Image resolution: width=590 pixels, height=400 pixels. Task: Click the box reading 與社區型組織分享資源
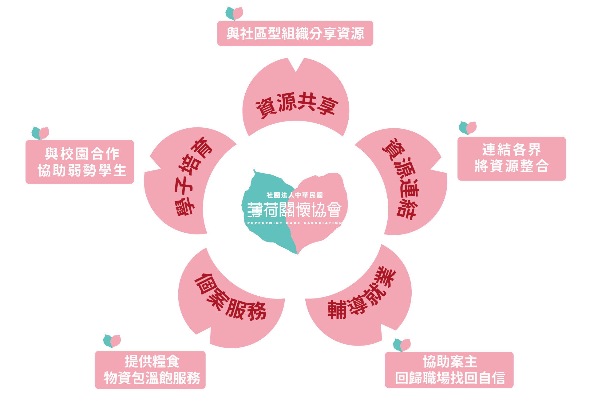pyautogui.click(x=295, y=34)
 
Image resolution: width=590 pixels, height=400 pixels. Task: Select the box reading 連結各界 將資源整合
pyautogui.click(x=512, y=158)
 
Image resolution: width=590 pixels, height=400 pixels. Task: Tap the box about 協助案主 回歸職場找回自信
pyautogui.click(x=449, y=370)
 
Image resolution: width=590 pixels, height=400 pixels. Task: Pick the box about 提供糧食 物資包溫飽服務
pyautogui.click(x=150, y=370)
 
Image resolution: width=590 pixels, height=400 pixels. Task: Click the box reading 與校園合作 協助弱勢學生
pyautogui.click(x=80, y=162)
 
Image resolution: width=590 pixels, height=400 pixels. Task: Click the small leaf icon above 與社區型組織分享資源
pyautogui.click(x=234, y=13)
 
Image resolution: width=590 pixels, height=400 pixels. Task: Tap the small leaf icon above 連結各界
pyautogui.click(x=468, y=128)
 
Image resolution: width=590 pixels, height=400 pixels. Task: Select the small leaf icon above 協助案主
pyautogui.click(x=402, y=345)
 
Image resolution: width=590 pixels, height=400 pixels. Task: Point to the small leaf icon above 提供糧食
pyautogui.click(x=112, y=341)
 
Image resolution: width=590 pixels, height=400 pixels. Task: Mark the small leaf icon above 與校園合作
pyautogui.click(x=40, y=133)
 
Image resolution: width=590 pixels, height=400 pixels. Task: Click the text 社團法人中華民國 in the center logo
pyautogui.click(x=295, y=195)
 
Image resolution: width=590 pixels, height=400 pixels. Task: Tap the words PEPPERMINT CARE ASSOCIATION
pyautogui.click(x=295, y=223)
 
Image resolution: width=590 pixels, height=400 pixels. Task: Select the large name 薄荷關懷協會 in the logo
pyautogui.click(x=295, y=210)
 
